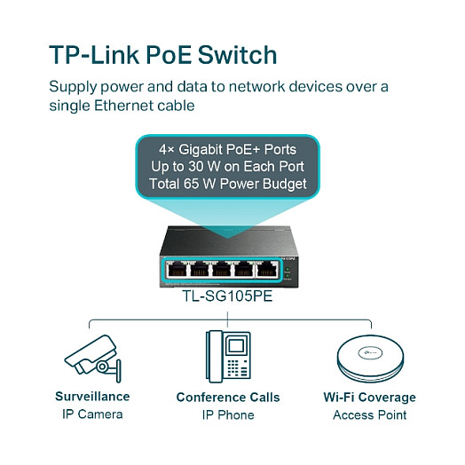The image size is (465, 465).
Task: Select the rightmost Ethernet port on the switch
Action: tap(265, 269)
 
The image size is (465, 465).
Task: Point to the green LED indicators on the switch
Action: tap(288, 266)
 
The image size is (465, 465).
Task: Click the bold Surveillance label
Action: tap(92, 397)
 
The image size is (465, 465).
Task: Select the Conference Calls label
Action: tap(227, 398)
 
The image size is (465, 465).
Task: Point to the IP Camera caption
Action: tap(92, 414)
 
